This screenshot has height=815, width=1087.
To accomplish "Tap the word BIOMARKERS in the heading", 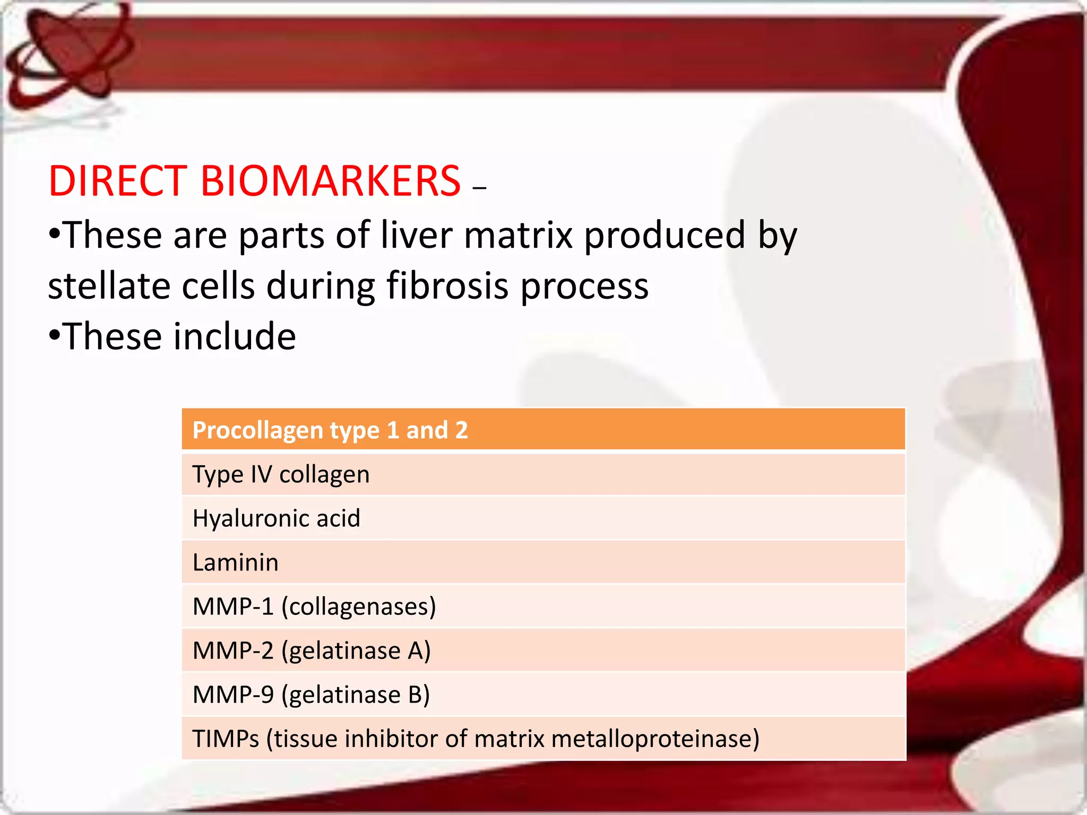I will pyautogui.click(x=330, y=181).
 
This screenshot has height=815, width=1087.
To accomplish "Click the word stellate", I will pyautogui.click(x=109, y=286).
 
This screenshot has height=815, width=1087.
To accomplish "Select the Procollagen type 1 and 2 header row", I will pyautogui.click(x=543, y=430).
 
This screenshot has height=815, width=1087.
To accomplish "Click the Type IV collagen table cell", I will pyautogui.click(x=281, y=474).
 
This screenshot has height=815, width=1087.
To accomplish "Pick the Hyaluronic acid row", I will pyautogui.click(x=276, y=518).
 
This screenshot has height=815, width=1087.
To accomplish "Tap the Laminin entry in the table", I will pyautogui.click(x=235, y=562).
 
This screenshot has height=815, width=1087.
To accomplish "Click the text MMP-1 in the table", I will pyautogui.click(x=232, y=606).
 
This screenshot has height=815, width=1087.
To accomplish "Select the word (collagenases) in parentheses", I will pyautogui.click(x=359, y=606).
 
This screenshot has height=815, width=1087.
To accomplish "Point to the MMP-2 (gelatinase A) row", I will pyautogui.click(x=312, y=651).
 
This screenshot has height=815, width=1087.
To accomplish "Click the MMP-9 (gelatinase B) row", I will pyautogui.click(x=311, y=695).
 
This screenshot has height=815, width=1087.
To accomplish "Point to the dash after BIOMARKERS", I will pyautogui.click(x=479, y=187).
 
